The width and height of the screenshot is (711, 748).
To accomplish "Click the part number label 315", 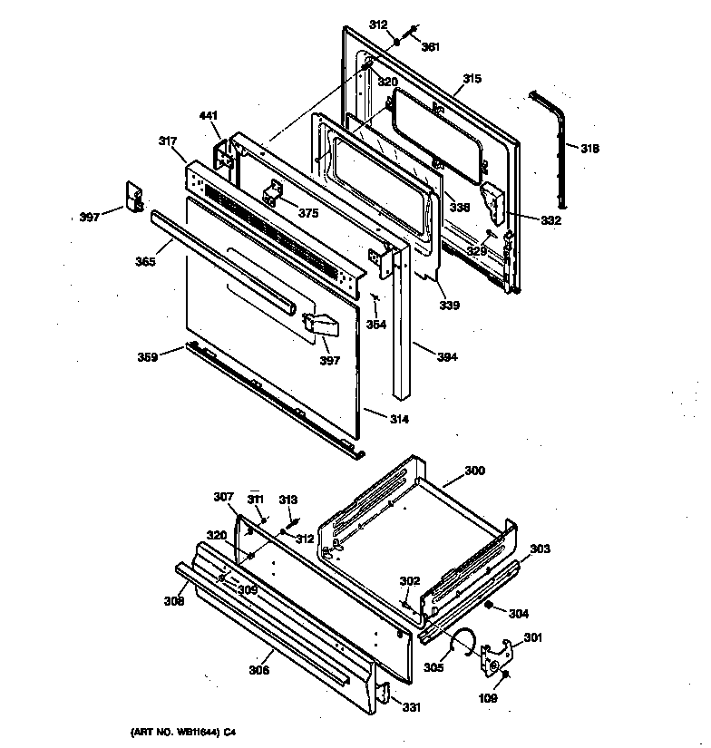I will pyautogui.click(x=472, y=80).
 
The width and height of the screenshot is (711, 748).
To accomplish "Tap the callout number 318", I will pyautogui.click(x=589, y=149).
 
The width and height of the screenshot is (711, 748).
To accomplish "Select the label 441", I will pyautogui.click(x=209, y=115).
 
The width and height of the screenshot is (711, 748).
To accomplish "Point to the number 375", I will pyautogui.click(x=308, y=214).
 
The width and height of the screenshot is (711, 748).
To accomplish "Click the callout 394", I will pyautogui.click(x=447, y=357).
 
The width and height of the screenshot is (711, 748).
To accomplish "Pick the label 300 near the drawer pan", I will pyautogui.click(x=474, y=471).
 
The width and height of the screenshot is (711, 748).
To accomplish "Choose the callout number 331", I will pyautogui.click(x=411, y=708).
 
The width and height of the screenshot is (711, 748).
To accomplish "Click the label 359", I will pyautogui.click(x=148, y=356).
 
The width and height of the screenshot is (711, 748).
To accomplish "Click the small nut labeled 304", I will pyautogui.click(x=488, y=605).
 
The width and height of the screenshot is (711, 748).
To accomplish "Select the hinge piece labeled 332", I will pyautogui.click(x=495, y=203).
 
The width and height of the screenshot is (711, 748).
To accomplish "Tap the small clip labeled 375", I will pyautogui.click(x=274, y=195).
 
